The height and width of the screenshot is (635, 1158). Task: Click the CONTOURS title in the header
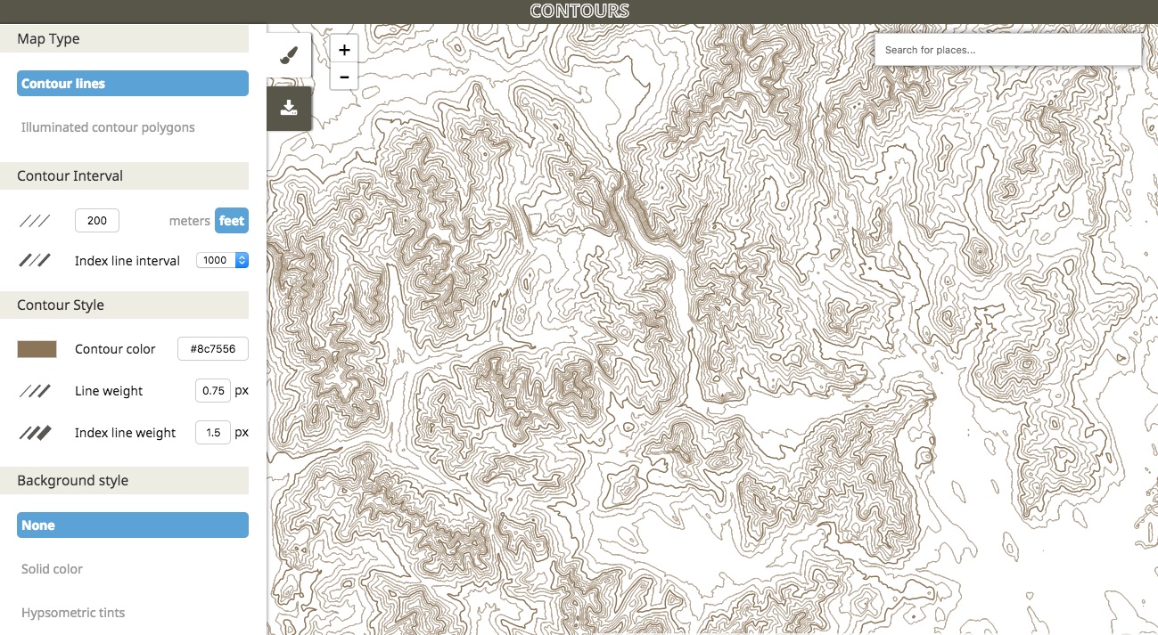coord(579,11)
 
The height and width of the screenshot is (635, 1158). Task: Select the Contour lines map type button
coord(132,84)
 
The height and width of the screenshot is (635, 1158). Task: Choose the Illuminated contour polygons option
coord(108,127)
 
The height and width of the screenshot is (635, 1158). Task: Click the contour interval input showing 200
coord(96,221)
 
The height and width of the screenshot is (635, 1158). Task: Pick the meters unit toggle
coord(189,221)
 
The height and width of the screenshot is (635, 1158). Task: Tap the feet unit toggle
coord(232,221)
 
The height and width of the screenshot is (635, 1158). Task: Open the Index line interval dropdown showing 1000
coord(222,261)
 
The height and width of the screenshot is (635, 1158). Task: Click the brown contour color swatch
coord(37,349)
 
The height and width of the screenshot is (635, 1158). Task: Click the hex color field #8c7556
coord(212,349)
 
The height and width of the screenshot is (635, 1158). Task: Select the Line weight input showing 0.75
coord(212,391)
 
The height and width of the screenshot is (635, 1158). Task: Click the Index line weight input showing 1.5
coord(212,433)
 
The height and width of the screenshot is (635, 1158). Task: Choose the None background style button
coord(132,525)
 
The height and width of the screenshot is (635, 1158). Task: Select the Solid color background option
coord(52,569)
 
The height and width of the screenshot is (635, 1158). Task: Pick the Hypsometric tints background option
coord(73,613)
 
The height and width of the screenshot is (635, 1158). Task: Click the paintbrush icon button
coord(288,56)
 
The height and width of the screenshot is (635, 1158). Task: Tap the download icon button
coord(288,108)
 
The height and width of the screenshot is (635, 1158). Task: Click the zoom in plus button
coord(344,50)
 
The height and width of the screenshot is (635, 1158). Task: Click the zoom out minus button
coord(344,77)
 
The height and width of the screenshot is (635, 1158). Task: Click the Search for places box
coord(1007,50)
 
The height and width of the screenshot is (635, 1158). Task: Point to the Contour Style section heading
coord(61,305)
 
